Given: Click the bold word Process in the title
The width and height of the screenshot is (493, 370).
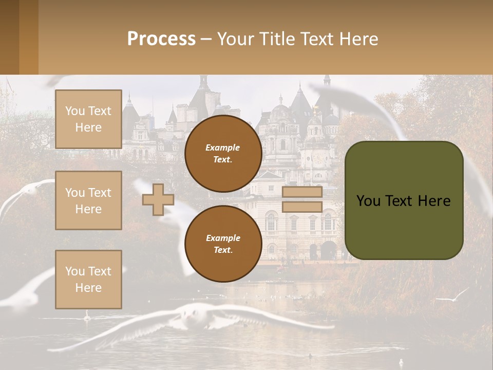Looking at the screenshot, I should point(161,39).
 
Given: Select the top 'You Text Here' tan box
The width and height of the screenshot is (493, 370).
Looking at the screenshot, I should point(88,119).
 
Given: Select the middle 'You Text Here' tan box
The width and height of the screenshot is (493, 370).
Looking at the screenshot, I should point(88,200).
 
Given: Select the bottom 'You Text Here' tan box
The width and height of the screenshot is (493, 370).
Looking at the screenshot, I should point(88,279).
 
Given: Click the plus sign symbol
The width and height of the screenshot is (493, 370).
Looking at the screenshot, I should point(158,199).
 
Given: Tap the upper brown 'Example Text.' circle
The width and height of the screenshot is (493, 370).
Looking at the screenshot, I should point(223,153).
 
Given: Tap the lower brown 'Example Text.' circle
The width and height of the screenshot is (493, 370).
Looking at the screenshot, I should point(223,244).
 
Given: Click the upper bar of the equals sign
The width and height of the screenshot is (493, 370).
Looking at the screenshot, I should point(302,192).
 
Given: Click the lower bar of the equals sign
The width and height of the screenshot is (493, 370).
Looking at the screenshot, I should point(302,207).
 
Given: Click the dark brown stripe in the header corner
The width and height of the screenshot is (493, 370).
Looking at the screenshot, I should point(9,37).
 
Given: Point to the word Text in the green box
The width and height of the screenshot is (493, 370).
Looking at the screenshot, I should point(403,200).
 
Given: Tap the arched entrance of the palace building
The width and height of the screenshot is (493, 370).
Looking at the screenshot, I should point(329,250).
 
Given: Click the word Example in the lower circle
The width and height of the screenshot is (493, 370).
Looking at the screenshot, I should point(223,238).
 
